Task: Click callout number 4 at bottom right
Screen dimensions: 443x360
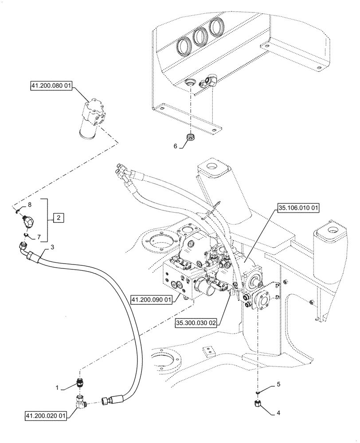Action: pos(278,414)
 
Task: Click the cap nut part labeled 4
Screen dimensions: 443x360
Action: pos(258,404)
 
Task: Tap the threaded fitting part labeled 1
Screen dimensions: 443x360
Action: pos(80,383)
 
